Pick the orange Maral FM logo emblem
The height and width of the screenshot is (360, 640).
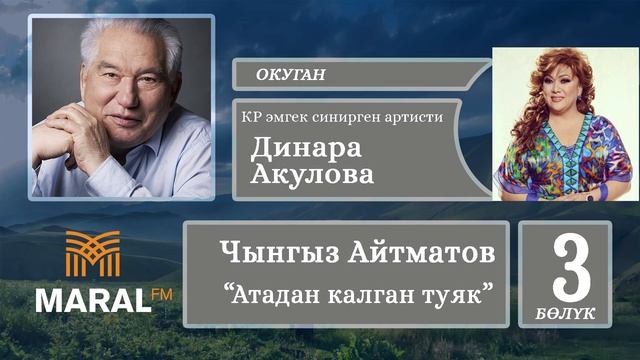pos(92,254)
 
